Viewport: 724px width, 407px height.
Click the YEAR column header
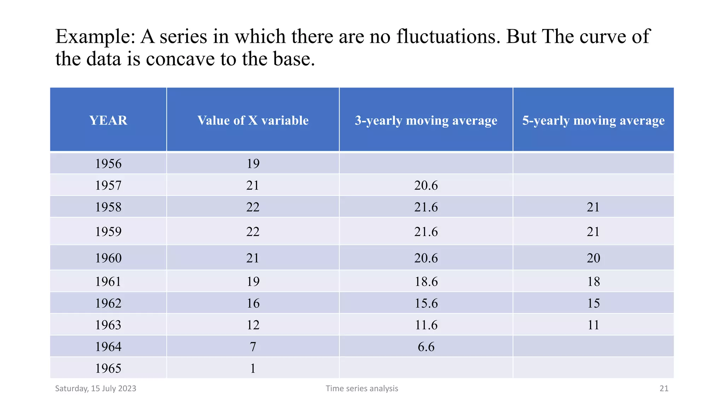(108, 120)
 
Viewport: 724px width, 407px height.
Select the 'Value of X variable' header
(253, 120)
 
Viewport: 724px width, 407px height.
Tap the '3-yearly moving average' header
(426, 120)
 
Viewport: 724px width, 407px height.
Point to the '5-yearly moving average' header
(593, 120)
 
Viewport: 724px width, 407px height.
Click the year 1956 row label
(108, 164)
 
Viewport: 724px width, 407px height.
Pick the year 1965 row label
(108, 368)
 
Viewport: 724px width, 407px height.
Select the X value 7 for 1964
(253, 347)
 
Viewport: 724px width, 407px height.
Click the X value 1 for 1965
(253, 368)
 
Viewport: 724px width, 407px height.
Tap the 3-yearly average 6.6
(426, 347)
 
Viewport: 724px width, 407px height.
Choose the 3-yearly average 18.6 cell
(426, 282)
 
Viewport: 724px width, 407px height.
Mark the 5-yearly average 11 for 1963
(593, 325)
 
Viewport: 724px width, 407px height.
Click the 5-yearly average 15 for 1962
(593, 303)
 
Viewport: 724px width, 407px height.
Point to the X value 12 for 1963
(253, 325)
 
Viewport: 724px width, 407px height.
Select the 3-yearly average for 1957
(426, 185)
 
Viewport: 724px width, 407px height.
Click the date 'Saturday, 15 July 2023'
(95, 389)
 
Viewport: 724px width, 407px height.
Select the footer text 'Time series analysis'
(362, 389)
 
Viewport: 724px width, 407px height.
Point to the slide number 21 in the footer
(664, 389)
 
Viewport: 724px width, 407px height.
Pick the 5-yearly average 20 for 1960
(593, 258)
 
